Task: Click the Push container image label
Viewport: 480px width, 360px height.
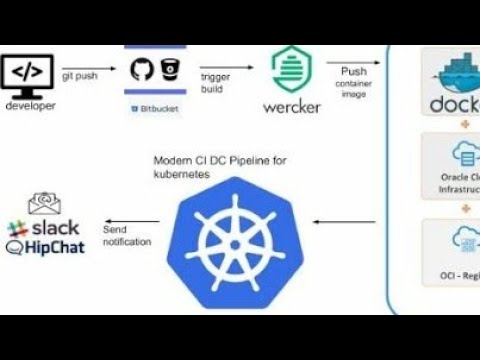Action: coord(353,82)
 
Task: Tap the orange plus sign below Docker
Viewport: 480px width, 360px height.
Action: coord(463,127)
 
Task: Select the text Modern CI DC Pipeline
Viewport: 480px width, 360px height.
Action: coord(210,161)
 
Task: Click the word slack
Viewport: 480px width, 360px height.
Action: coord(53,229)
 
